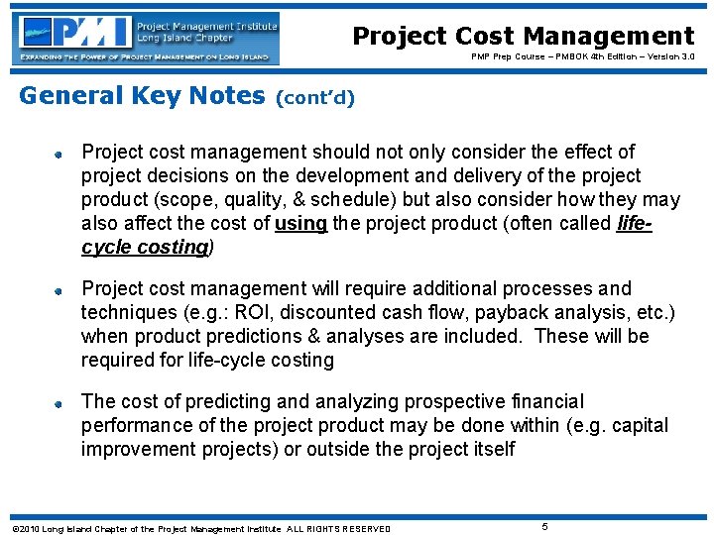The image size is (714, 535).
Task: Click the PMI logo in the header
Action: click(x=148, y=38)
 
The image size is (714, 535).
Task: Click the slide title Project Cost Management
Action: click(x=523, y=37)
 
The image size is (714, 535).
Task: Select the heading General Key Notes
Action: click(x=142, y=96)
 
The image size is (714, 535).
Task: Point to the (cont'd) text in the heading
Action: click(x=314, y=98)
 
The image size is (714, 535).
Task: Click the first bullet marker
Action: click(x=59, y=154)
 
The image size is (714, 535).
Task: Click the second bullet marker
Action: click(x=59, y=290)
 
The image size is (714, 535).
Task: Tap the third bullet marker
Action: click(x=59, y=403)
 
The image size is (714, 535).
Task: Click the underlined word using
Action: click(x=301, y=224)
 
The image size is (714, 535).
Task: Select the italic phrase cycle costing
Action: click(x=144, y=248)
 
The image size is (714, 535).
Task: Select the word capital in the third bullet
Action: click(x=638, y=426)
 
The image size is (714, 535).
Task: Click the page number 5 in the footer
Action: click(x=544, y=525)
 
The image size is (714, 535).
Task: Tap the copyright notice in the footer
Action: click(x=200, y=528)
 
